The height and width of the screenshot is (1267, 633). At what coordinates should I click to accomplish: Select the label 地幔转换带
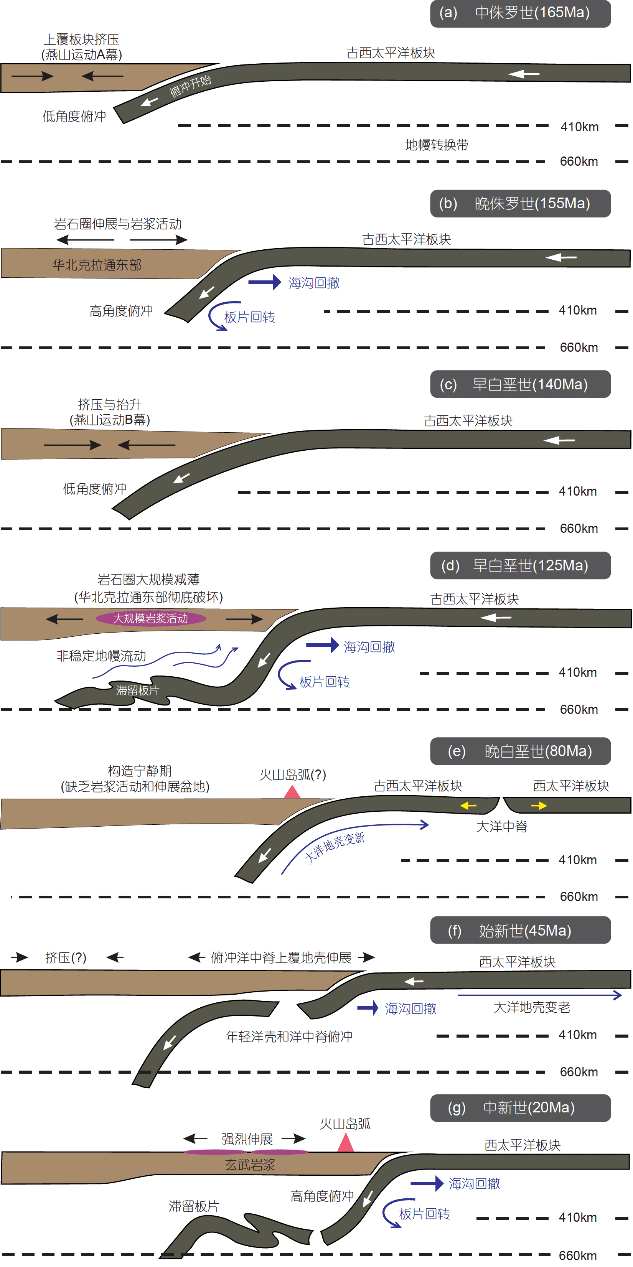tap(436, 145)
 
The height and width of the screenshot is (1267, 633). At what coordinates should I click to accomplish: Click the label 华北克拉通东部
tap(97, 265)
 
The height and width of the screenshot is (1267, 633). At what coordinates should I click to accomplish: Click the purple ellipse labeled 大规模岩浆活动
tap(150, 618)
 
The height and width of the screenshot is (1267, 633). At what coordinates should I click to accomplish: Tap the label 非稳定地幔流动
tap(101, 656)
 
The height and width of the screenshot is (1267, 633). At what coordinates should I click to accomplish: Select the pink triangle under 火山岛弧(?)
tap(292, 791)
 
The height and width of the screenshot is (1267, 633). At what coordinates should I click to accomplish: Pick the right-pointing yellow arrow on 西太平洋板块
tap(539, 806)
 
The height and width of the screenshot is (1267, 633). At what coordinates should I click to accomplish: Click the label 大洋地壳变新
tap(335, 847)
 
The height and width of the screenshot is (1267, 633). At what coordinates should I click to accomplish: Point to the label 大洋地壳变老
tap(532, 1007)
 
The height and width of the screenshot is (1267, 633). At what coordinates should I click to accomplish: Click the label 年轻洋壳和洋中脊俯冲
tap(289, 1037)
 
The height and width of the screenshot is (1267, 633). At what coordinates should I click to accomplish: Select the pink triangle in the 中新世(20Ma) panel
tap(346, 1143)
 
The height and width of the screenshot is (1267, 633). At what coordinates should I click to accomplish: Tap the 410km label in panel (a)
tap(579, 127)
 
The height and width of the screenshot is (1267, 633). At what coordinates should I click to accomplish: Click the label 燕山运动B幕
tap(110, 420)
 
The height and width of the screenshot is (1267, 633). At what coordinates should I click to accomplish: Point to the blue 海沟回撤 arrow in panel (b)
tap(264, 282)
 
